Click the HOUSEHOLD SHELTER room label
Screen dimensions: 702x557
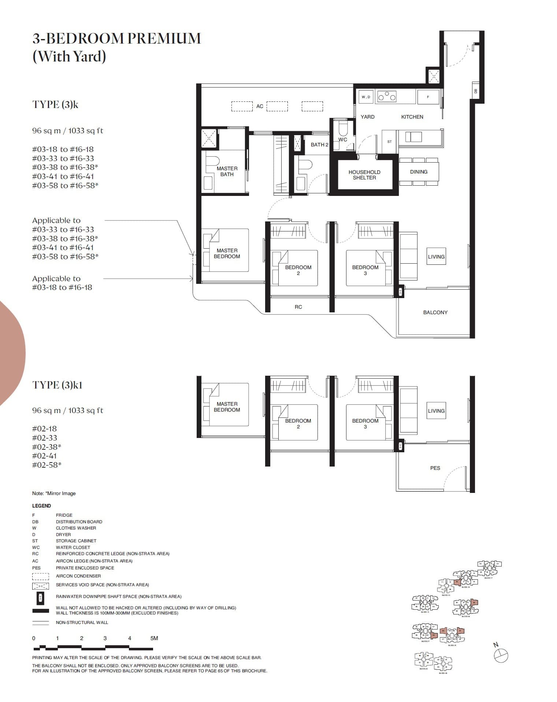(364, 175)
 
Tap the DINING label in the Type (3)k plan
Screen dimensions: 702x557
(419, 172)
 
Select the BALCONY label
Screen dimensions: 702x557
(435, 312)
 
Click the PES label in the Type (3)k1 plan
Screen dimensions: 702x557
(435, 468)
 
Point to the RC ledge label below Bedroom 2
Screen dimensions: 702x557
(298, 307)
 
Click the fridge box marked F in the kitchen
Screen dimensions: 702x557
(428, 97)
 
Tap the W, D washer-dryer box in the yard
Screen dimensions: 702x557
(365, 97)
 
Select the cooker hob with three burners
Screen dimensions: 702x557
(387, 97)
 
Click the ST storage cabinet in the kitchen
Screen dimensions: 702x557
(389, 141)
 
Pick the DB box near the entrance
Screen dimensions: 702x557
(475, 92)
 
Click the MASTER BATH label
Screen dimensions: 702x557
(227, 171)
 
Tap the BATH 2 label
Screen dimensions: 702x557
(319, 145)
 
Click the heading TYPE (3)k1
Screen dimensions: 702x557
(57, 385)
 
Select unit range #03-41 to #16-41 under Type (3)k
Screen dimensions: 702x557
(63, 176)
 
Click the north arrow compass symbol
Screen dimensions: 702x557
(501, 655)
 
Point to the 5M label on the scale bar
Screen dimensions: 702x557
(154, 638)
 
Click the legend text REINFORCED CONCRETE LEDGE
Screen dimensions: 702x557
(112, 554)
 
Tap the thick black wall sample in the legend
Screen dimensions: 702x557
(40, 611)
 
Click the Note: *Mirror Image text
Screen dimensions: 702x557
(54, 493)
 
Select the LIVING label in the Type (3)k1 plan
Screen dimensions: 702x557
(436, 411)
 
